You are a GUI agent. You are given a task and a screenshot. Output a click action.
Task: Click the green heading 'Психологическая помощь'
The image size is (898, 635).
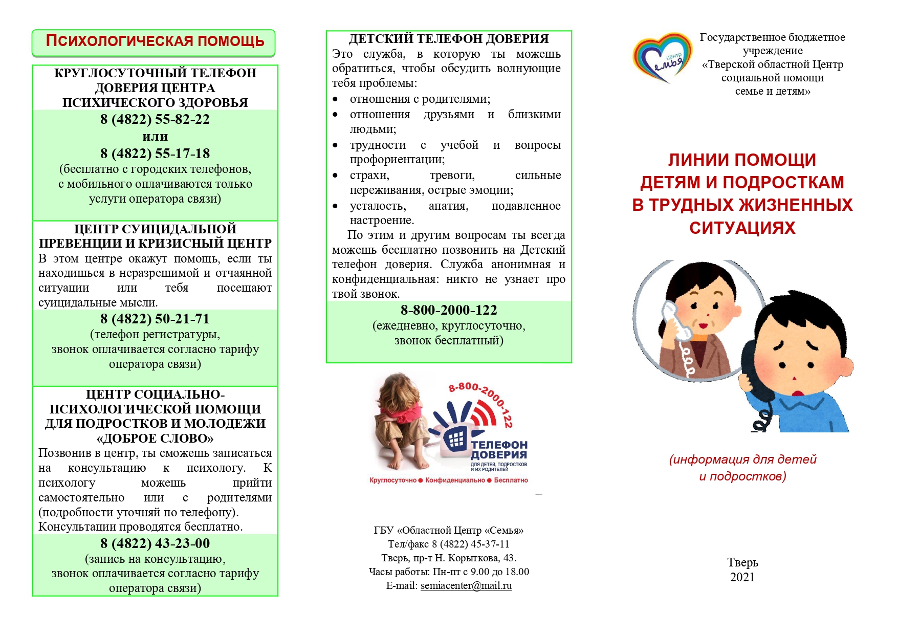coord(155,41)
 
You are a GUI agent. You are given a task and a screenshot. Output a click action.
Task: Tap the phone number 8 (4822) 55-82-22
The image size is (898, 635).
coord(155,119)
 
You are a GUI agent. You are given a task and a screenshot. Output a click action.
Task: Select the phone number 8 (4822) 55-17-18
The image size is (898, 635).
coord(155,154)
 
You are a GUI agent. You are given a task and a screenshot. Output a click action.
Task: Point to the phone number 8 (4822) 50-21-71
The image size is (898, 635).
coord(155,319)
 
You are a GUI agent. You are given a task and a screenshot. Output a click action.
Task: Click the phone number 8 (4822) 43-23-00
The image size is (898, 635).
coord(155,543)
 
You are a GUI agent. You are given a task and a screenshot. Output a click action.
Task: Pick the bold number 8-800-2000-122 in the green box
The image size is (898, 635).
coord(449,310)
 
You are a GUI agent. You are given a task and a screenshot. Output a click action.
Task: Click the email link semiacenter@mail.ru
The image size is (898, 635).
coord(466,586)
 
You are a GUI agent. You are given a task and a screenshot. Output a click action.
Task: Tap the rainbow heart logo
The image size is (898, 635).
coord(662,58)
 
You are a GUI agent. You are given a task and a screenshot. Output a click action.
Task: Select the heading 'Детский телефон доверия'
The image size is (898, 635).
coord(449,39)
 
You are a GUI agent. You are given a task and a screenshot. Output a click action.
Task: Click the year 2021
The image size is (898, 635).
coord(742,577)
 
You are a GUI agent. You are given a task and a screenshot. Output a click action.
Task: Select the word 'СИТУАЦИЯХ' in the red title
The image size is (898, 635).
coord(742,228)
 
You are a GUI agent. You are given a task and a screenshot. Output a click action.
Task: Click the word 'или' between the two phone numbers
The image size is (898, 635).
coord(155,137)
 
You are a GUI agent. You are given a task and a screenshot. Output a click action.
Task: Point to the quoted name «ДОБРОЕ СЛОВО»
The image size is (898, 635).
coord(155,439)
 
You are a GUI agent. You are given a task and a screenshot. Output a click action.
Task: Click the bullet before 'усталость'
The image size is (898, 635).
coord(335,206)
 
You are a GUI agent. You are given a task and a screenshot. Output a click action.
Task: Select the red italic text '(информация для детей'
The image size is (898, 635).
coord(742,459)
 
